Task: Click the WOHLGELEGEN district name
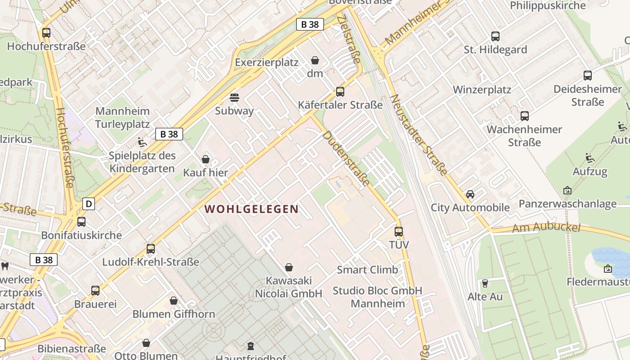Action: pos(252,209)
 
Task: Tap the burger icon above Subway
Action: pos(234,97)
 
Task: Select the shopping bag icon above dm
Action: pos(315,60)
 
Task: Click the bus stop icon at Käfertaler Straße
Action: pos(340,92)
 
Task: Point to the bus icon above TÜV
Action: pos(399,232)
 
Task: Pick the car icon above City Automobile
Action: pos(470,194)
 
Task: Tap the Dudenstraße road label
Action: pos(346,158)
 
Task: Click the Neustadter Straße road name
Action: pos(418,135)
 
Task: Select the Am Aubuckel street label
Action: pos(547,228)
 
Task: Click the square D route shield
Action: pos(89,204)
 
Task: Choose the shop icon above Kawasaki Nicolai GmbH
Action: pos(289,268)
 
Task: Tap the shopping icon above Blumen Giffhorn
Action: pos(174,301)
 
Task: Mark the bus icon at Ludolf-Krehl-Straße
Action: pos(151,249)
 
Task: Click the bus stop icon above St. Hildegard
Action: pos(495,36)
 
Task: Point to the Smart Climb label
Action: pos(367,270)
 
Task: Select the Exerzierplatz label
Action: pos(266,63)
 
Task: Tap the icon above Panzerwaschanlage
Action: pos(567,191)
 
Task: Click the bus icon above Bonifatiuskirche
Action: pos(81,222)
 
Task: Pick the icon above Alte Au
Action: pos(485,283)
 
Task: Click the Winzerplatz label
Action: pos(482,90)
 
